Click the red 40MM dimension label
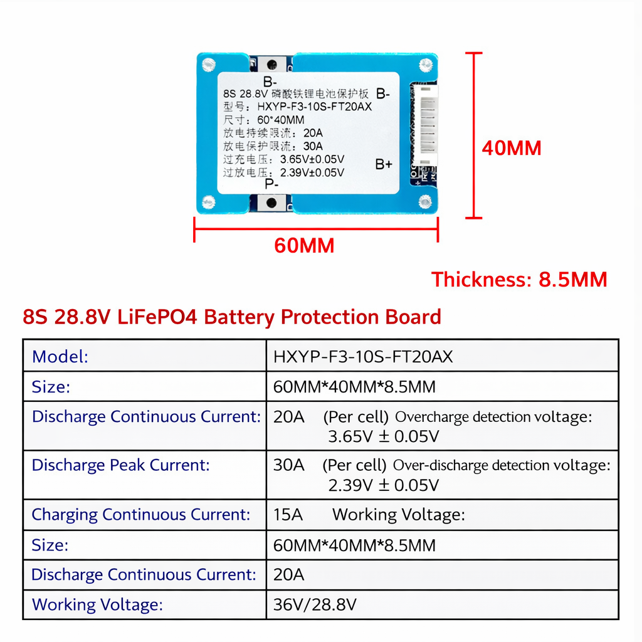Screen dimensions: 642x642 511,148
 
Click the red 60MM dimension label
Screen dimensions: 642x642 304,245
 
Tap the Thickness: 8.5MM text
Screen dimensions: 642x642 519,279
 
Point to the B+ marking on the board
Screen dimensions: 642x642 384,164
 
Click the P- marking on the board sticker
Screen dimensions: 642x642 271,184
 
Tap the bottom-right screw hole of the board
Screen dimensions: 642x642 425,201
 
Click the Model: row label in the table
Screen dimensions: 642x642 60,357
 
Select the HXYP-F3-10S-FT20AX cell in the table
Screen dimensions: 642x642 363,357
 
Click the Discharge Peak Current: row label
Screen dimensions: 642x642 120,465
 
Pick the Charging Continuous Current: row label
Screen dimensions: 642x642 141,515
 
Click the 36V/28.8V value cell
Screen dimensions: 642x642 315,604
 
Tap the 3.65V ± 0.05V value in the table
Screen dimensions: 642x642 383,436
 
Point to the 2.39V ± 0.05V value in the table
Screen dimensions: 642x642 383,485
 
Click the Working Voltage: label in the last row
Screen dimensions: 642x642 97,604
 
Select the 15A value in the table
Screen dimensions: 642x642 288,515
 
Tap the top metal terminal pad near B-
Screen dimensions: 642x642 271,64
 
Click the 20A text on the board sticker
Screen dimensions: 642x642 312,133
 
